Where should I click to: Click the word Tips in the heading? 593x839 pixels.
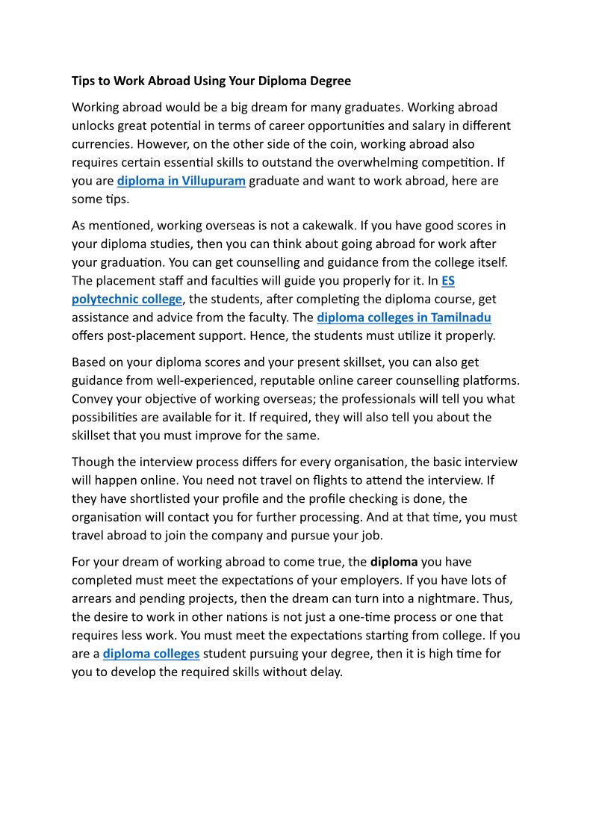[83, 81]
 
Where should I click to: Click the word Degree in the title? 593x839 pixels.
[331, 81]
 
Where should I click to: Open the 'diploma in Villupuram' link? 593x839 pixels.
[181, 181]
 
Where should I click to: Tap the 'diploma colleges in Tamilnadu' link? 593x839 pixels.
[404, 318]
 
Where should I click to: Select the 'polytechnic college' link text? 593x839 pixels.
[127, 299]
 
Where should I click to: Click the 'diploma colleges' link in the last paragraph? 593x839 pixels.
[151, 654]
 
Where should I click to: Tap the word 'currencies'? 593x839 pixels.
[102, 144]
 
